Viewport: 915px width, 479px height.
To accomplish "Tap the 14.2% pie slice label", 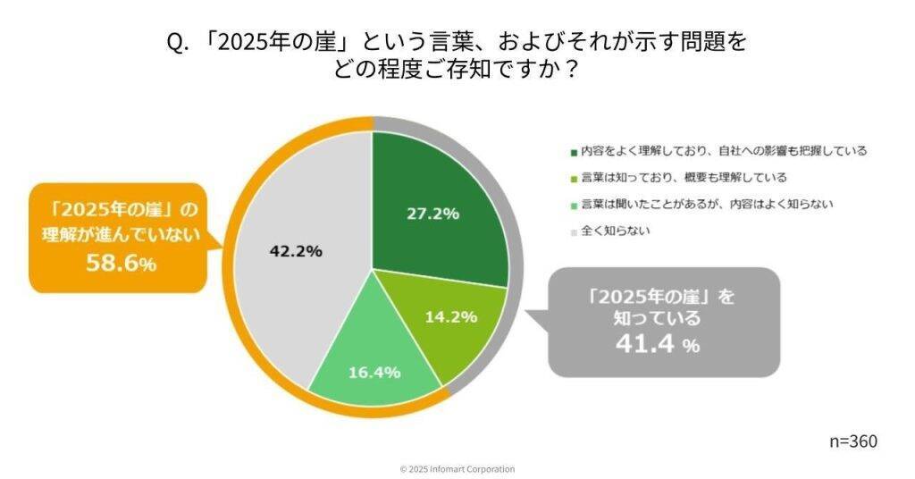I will click(x=451, y=316).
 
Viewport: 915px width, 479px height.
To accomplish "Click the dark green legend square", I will click(x=573, y=151).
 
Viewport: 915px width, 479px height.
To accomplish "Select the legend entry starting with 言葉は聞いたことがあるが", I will click(x=706, y=204).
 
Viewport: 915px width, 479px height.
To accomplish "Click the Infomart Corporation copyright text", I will click(x=457, y=469).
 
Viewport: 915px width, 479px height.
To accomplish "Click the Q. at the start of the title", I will click(x=176, y=42).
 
